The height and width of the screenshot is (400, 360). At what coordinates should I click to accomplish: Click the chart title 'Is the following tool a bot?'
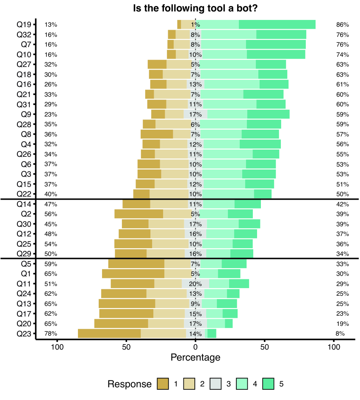[195, 8]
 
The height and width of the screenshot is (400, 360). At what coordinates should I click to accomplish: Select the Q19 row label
[24, 25]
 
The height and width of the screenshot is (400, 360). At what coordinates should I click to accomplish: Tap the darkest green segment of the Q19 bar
[277, 25]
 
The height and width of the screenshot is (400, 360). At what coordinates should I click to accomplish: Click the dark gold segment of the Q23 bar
[109, 333]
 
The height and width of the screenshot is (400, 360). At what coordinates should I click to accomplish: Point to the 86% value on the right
[342, 25]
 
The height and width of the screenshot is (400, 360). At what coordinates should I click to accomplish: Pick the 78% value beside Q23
[51, 333]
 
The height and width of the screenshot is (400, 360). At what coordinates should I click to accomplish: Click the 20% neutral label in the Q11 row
[195, 284]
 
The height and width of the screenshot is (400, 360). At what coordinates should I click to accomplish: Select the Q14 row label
[24, 204]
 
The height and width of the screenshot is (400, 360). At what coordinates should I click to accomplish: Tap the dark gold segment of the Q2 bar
[138, 214]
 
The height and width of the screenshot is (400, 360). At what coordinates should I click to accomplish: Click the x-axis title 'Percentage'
[195, 358]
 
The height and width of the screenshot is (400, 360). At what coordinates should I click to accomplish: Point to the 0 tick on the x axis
[195, 347]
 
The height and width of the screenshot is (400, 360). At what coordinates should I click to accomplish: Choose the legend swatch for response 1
[163, 384]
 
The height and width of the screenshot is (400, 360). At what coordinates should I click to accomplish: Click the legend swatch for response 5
[268, 384]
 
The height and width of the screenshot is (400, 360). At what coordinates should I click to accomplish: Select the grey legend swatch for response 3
[216, 384]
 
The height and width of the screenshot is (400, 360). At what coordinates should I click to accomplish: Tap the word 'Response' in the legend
[130, 384]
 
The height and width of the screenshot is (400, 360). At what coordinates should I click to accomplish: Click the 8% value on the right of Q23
[340, 333]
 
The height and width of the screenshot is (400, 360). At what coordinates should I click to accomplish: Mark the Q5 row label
[26, 264]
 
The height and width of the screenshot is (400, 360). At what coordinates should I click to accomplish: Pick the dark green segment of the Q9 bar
[269, 114]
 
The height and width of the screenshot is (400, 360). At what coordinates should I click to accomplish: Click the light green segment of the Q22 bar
[228, 194]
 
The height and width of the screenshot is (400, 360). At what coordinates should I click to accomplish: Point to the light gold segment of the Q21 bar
[172, 94]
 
